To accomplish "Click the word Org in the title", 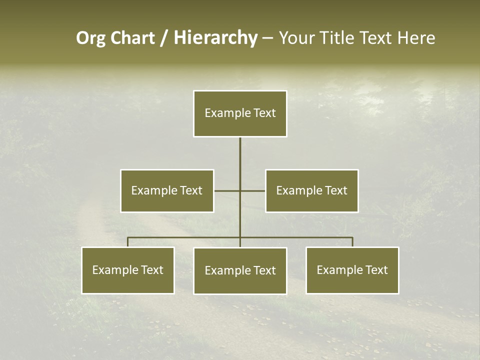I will point(90,38).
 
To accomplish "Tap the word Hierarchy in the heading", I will point(215,38).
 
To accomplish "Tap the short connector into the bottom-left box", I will point(128,242).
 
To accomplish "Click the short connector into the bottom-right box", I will point(352,242).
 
